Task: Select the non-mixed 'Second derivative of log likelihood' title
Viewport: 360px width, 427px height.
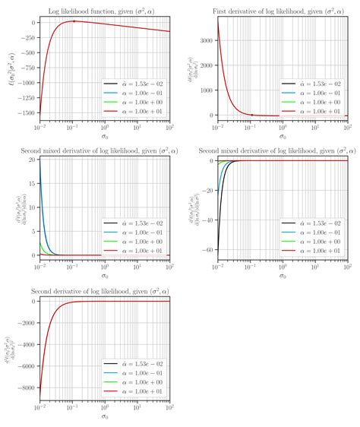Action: [103, 291]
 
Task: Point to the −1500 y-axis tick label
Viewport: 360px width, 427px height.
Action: [23, 112]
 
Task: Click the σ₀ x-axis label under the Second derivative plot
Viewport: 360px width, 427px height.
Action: [103, 416]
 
